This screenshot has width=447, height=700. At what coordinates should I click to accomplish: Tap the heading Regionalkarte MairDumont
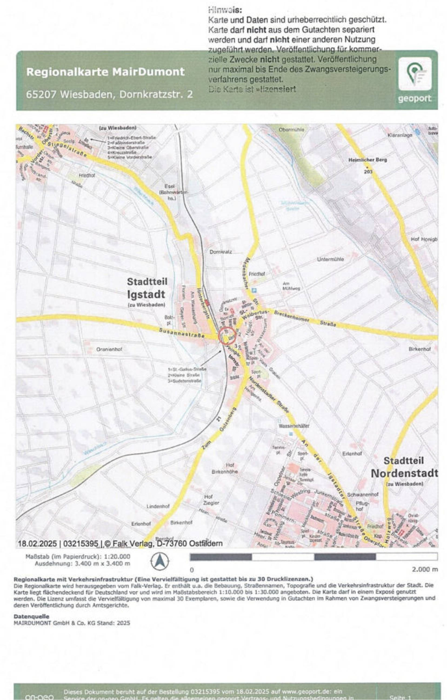105,72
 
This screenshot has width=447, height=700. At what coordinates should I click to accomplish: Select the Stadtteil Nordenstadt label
404,467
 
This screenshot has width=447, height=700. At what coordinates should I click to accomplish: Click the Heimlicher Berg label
368,160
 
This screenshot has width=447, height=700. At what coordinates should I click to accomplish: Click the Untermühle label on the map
330,259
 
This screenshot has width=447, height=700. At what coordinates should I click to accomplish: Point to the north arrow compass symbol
160,562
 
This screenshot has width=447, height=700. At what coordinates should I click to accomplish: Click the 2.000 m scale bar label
425,570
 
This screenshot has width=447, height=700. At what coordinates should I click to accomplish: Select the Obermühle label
291,130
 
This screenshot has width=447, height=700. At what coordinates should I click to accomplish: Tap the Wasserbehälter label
294,426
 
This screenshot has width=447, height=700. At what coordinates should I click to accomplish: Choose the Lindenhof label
158,506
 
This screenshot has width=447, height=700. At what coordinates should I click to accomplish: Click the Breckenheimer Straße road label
305,320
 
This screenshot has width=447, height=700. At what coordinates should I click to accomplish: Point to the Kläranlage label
400,135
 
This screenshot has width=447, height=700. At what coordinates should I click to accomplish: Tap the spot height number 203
368,171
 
